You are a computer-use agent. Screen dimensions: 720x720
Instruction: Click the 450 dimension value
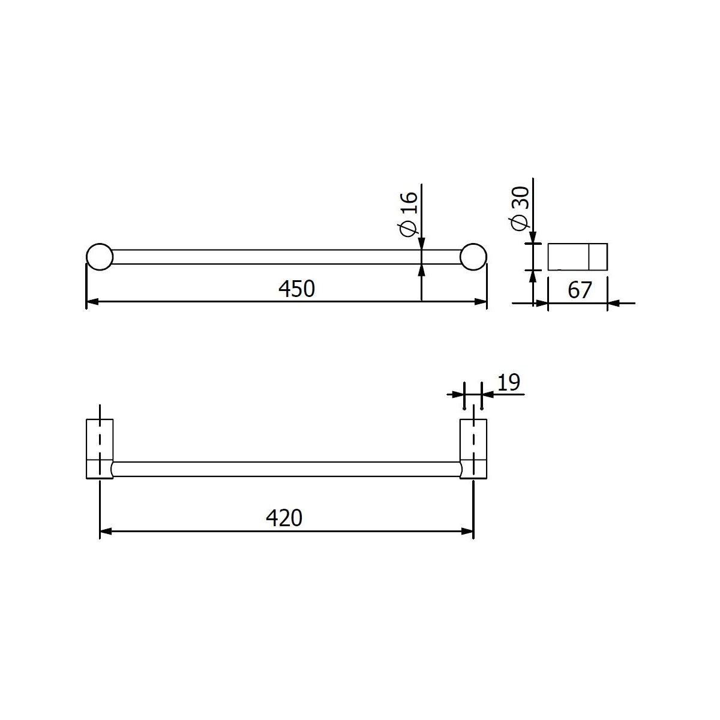pyautogui.click(x=296, y=289)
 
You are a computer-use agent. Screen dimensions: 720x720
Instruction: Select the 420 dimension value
pyautogui.click(x=284, y=518)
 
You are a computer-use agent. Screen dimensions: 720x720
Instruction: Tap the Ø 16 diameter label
pyautogui.click(x=408, y=214)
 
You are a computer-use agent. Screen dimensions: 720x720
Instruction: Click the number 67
pyautogui.click(x=580, y=290)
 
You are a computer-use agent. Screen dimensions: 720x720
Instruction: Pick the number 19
pyautogui.click(x=509, y=383)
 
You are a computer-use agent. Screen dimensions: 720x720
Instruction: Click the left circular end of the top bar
pyautogui.click(x=100, y=257)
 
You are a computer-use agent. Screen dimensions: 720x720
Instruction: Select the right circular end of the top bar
pyautogui.click(x=473, y=257)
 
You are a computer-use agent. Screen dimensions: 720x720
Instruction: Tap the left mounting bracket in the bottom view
pyautogui.click(x=100, y=448)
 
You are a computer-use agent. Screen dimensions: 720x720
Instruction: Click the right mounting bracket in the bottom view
pyautogui.click(x=473, y=448)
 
